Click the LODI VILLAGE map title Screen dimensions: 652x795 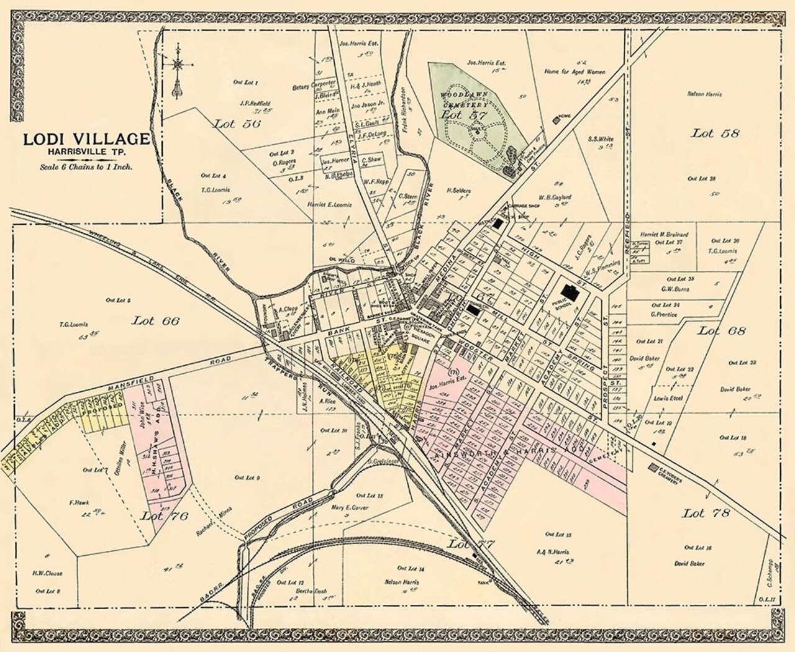point(86,138)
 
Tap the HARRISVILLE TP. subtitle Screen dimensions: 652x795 point(86,153)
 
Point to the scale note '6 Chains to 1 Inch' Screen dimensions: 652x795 point(86,166)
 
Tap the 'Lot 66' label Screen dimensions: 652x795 point(155,320)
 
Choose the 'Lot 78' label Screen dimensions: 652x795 point(706,514)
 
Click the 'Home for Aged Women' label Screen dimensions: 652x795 point(575,72)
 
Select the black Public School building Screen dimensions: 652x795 point(568,290)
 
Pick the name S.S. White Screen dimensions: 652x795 point(601,139)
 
